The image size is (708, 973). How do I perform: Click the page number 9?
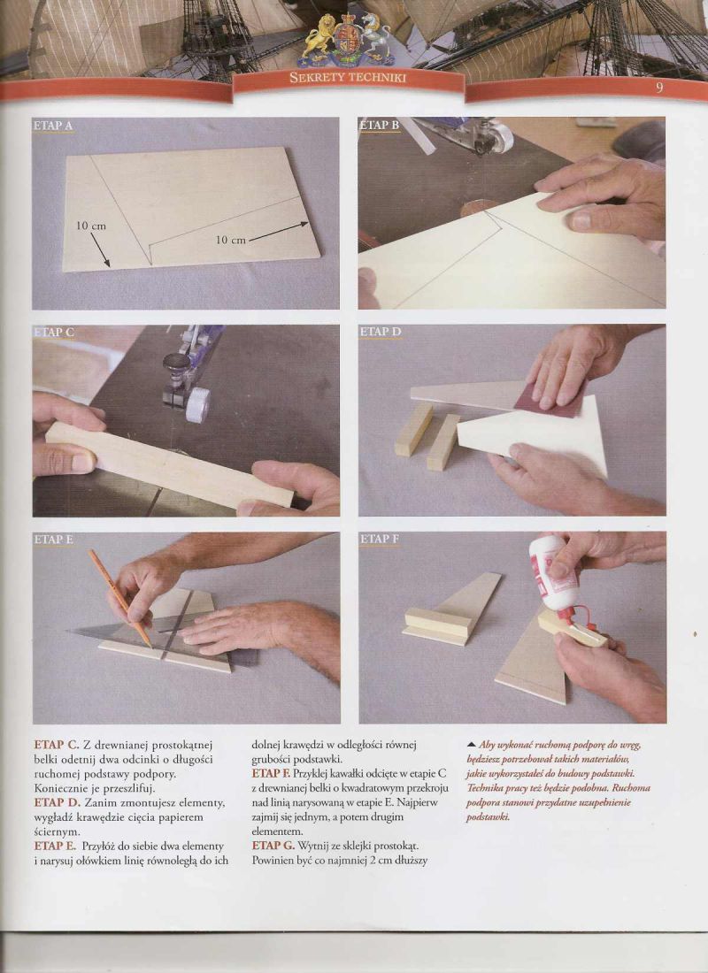click(659, 88)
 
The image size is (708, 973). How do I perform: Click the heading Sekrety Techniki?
click(348, 78)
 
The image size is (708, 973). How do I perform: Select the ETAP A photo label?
click(53, 126)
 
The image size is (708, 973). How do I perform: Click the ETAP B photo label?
click(380, 126)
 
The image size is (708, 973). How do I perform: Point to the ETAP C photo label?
click(53, 333)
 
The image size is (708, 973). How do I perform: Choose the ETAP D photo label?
click(380, 333)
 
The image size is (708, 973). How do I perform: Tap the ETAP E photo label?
click(53, 540)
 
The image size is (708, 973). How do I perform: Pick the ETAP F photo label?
click(380, 540)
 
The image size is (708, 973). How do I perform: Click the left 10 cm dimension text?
click(90, 226)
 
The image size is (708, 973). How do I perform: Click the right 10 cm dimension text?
click(230, 240)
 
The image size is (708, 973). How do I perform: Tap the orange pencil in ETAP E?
click(119, 598)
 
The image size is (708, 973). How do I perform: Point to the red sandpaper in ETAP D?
click(550, 400)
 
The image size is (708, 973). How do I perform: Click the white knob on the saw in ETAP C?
click(197, 404)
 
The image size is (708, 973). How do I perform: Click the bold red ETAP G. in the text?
click(273, 846)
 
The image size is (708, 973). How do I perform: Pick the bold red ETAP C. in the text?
click(57, 745)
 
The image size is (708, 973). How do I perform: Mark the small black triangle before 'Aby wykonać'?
click(472, 745)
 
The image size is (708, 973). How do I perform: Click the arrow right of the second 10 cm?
click(279, 232)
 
